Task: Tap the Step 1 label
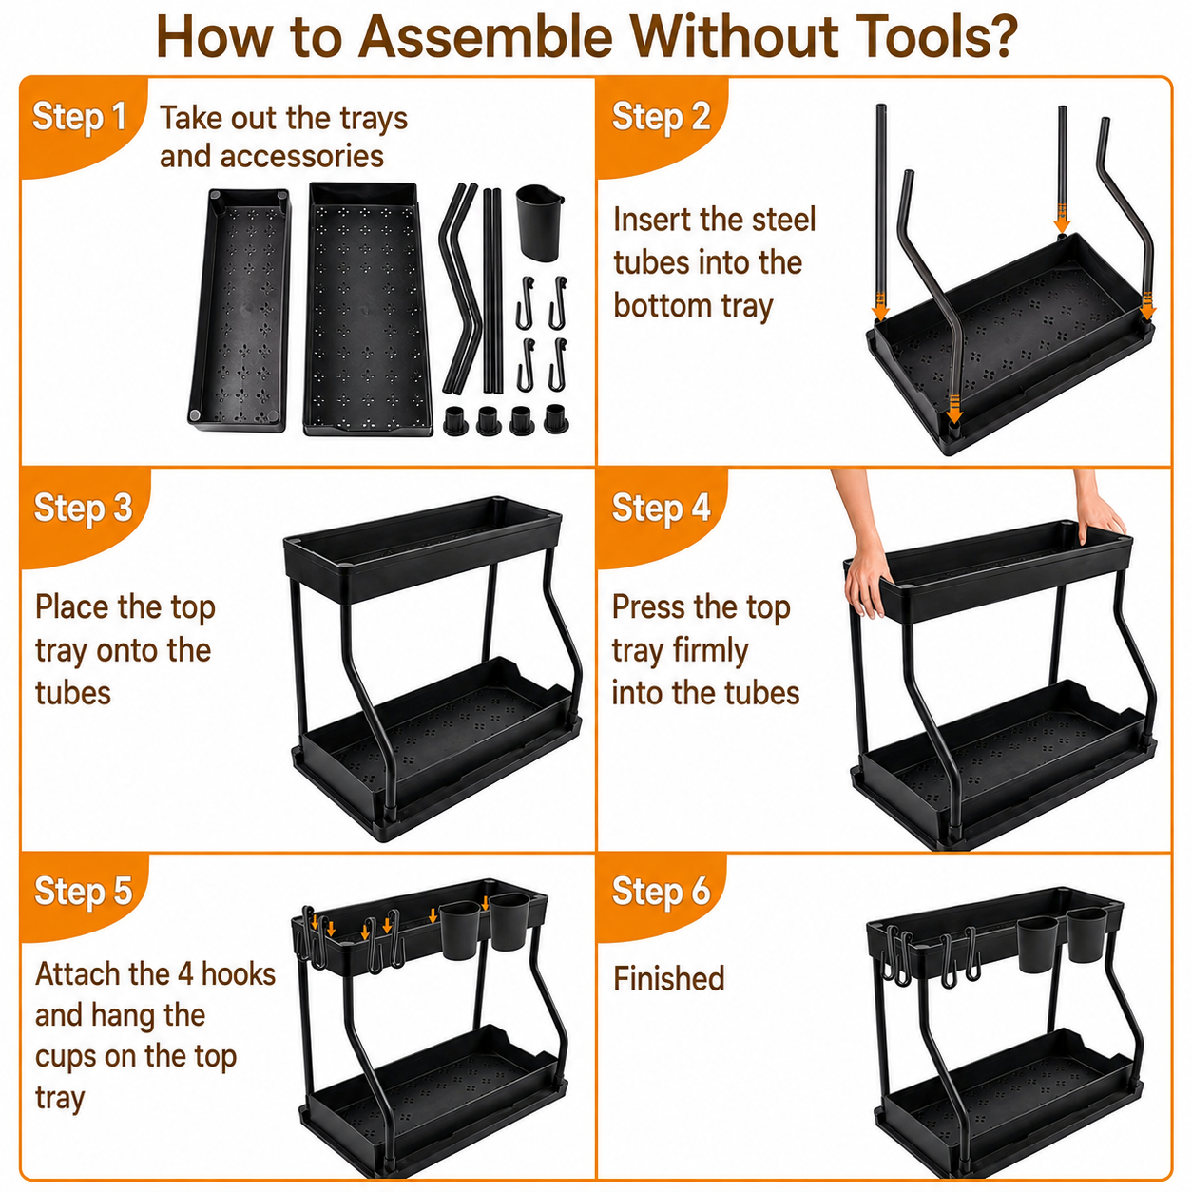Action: pos(79,116)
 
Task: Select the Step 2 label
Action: pos(661,116)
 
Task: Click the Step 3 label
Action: pos(83,508)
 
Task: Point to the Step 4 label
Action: pos(661,508)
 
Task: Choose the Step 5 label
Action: pos(83,892)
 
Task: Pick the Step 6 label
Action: pos(661,892)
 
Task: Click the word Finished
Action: pos(668,978)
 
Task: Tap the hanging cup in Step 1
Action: pos(539,222)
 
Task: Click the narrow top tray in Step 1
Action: pos(240,309)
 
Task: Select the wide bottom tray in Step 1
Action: pos(368,309)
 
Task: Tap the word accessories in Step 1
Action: pos(301,156)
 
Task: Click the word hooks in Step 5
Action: pos(239,974)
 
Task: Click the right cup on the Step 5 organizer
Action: pos(509,922)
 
